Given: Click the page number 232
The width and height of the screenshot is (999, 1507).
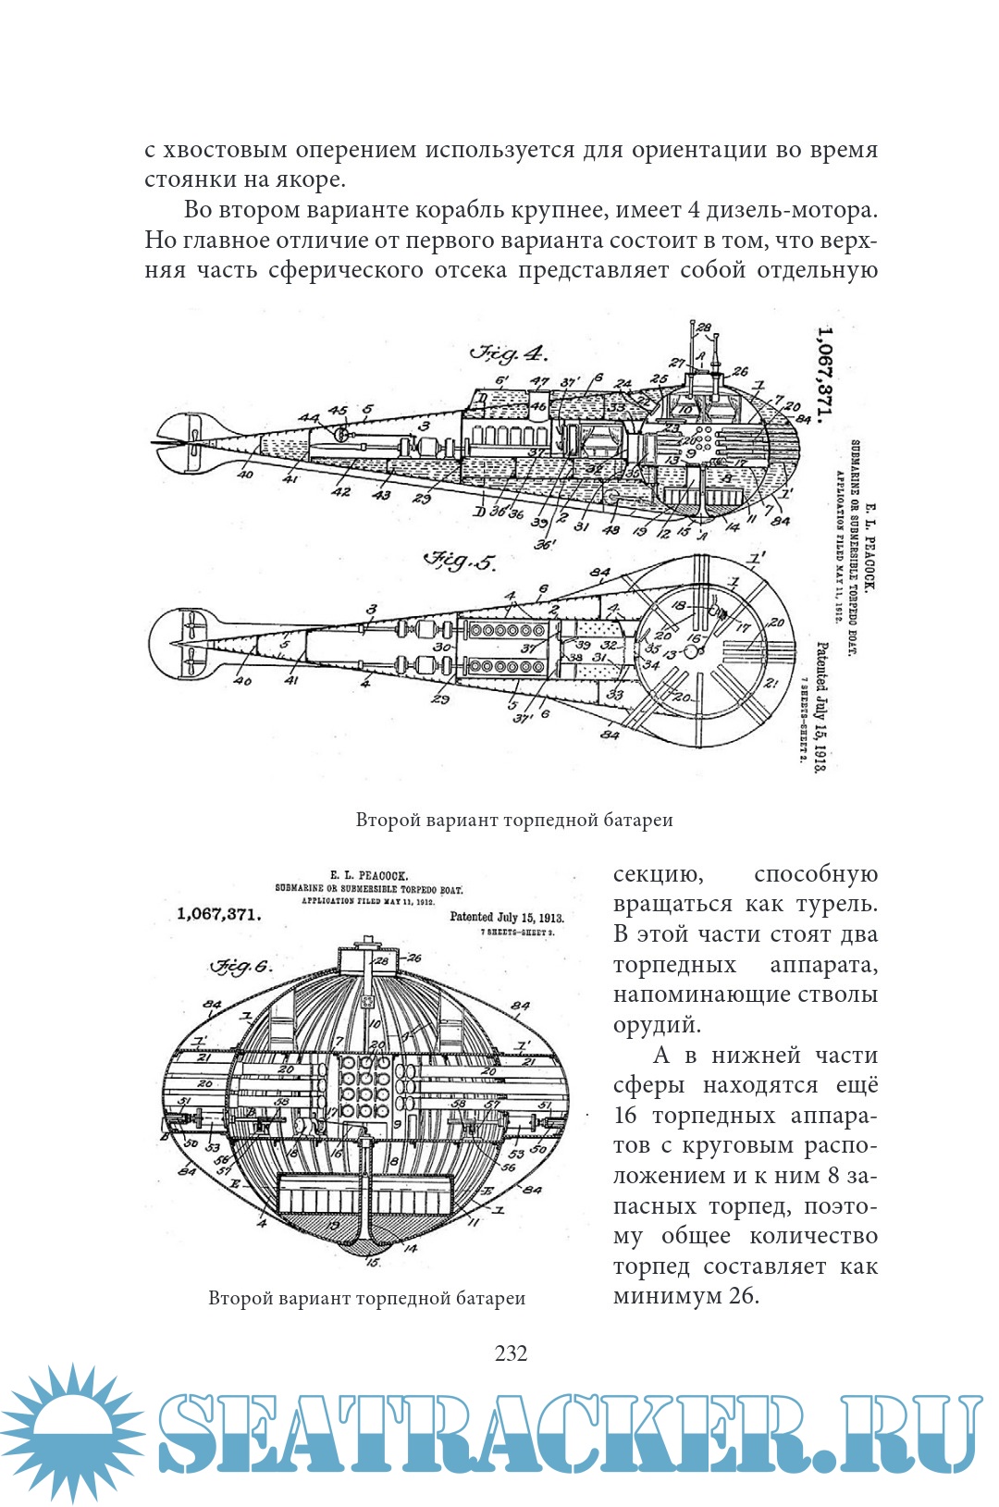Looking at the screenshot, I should (511, 1353).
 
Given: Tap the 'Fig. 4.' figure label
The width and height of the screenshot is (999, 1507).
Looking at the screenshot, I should (509, 353).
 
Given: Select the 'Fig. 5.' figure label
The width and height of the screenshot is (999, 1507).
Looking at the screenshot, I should (460, 561).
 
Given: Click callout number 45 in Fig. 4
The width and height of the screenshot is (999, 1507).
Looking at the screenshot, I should (338, 411).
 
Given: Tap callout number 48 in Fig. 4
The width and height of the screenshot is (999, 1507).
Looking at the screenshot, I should (611, 530).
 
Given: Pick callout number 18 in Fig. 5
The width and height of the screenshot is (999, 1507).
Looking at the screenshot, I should (678, 606).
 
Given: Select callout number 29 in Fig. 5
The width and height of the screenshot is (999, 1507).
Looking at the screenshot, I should (439, 698).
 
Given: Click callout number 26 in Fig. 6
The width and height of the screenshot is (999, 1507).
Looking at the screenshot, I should (414, 957).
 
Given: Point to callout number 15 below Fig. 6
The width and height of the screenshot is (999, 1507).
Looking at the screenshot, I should (373, 1262).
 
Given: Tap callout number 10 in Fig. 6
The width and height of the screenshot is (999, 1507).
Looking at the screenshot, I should (374, 1024).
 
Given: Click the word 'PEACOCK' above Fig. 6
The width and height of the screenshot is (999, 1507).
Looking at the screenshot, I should (383, 874).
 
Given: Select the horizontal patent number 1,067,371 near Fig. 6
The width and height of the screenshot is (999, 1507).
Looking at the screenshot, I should (218, 914).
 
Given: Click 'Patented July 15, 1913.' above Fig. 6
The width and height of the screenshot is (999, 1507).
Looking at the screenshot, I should (506, 917).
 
